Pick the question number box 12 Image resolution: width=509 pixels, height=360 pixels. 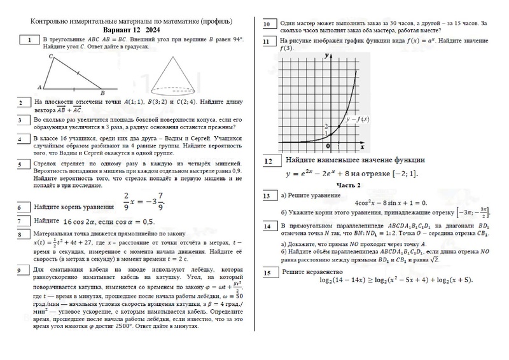pos(269,162)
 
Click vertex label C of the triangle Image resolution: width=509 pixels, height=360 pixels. pos(50,57)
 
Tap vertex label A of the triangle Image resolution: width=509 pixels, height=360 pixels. pos(40,87)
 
